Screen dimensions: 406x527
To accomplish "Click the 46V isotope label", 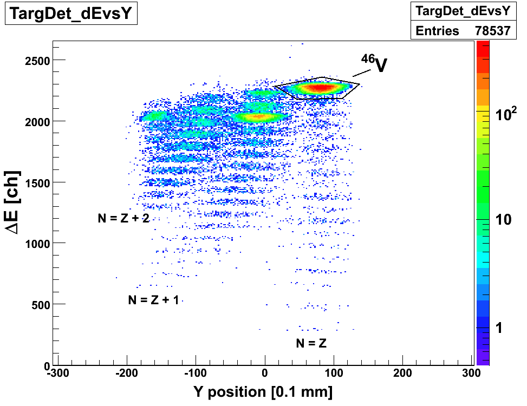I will point(375,64).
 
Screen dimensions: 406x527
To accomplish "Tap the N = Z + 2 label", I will point(123,218).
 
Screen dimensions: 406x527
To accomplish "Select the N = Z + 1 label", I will point(153,300).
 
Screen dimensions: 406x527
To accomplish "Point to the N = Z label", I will point(311,343).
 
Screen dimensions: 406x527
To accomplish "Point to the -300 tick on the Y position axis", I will point(57,373).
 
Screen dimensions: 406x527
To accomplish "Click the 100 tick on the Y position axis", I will point(334,373).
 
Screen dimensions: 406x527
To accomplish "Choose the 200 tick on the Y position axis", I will point(402,373).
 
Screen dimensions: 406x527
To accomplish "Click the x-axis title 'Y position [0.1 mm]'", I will point(263,391).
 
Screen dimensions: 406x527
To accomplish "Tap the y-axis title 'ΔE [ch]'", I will point(13,203).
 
